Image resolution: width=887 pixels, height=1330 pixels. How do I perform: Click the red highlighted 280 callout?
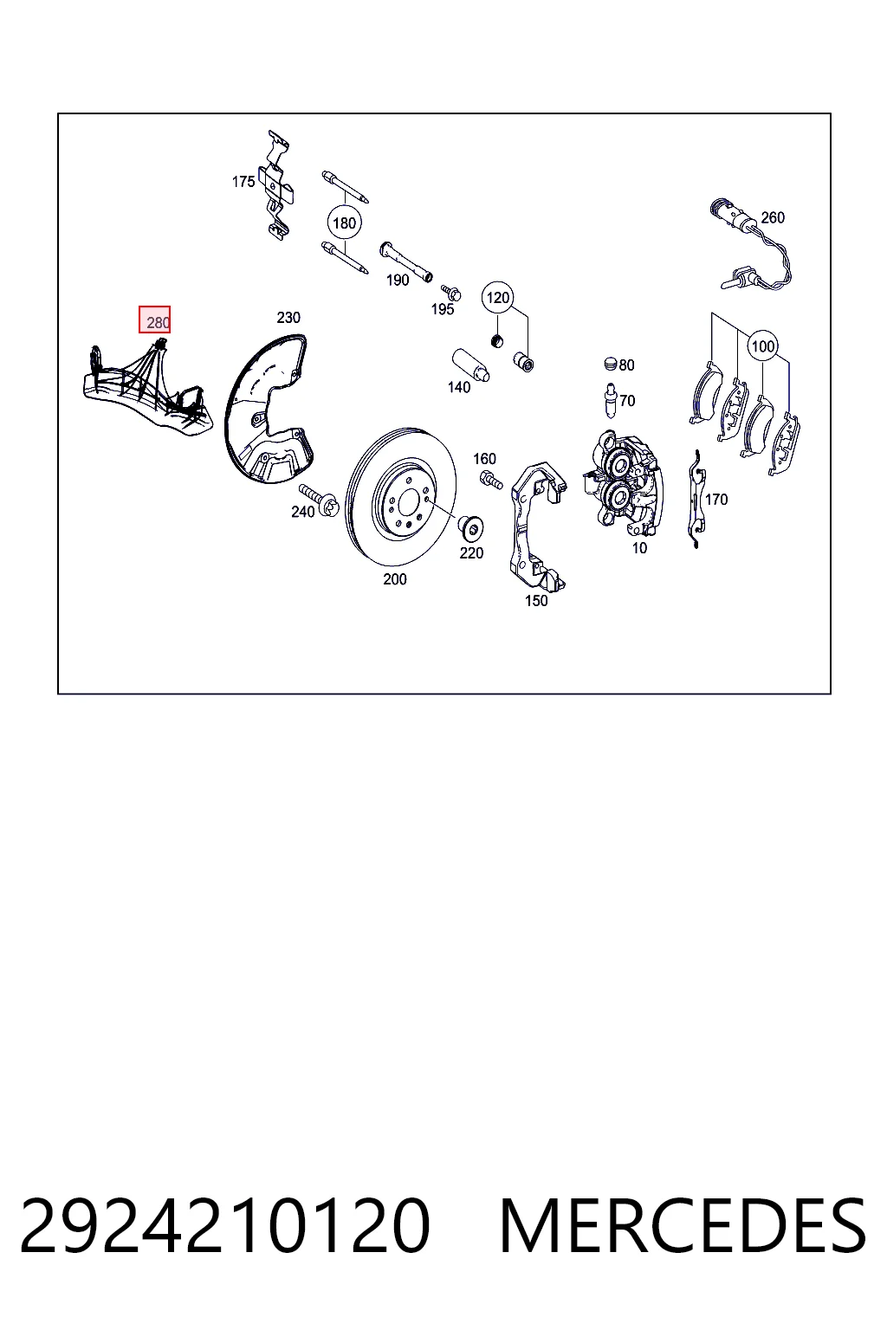(154, 320)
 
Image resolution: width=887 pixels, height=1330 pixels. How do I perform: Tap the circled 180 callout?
(344, 223)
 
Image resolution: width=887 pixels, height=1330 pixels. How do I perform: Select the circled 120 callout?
(498, 298)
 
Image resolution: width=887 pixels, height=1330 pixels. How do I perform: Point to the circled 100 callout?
(763, 345)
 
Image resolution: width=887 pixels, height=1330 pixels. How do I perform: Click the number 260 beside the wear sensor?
(773, 218)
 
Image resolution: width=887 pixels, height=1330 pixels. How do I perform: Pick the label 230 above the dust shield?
(288, 318)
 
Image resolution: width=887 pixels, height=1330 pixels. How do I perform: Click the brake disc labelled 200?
(400, 496)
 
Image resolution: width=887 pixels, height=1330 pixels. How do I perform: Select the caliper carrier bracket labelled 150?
(535, 528)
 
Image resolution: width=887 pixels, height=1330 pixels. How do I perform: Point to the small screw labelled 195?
(451, 292)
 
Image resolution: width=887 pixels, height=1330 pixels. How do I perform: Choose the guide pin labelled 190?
(405, 262)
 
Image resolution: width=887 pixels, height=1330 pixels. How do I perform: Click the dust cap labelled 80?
(610, 363)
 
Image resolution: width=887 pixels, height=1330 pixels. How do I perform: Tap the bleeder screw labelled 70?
(610, 402)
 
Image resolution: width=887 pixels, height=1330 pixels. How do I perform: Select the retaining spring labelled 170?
(696, 499)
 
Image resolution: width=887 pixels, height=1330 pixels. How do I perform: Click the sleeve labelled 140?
(470, 365)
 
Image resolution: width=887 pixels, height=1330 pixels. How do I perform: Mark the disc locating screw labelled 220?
(470, 527)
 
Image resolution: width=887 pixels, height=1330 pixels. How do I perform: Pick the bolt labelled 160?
(491, 479)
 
